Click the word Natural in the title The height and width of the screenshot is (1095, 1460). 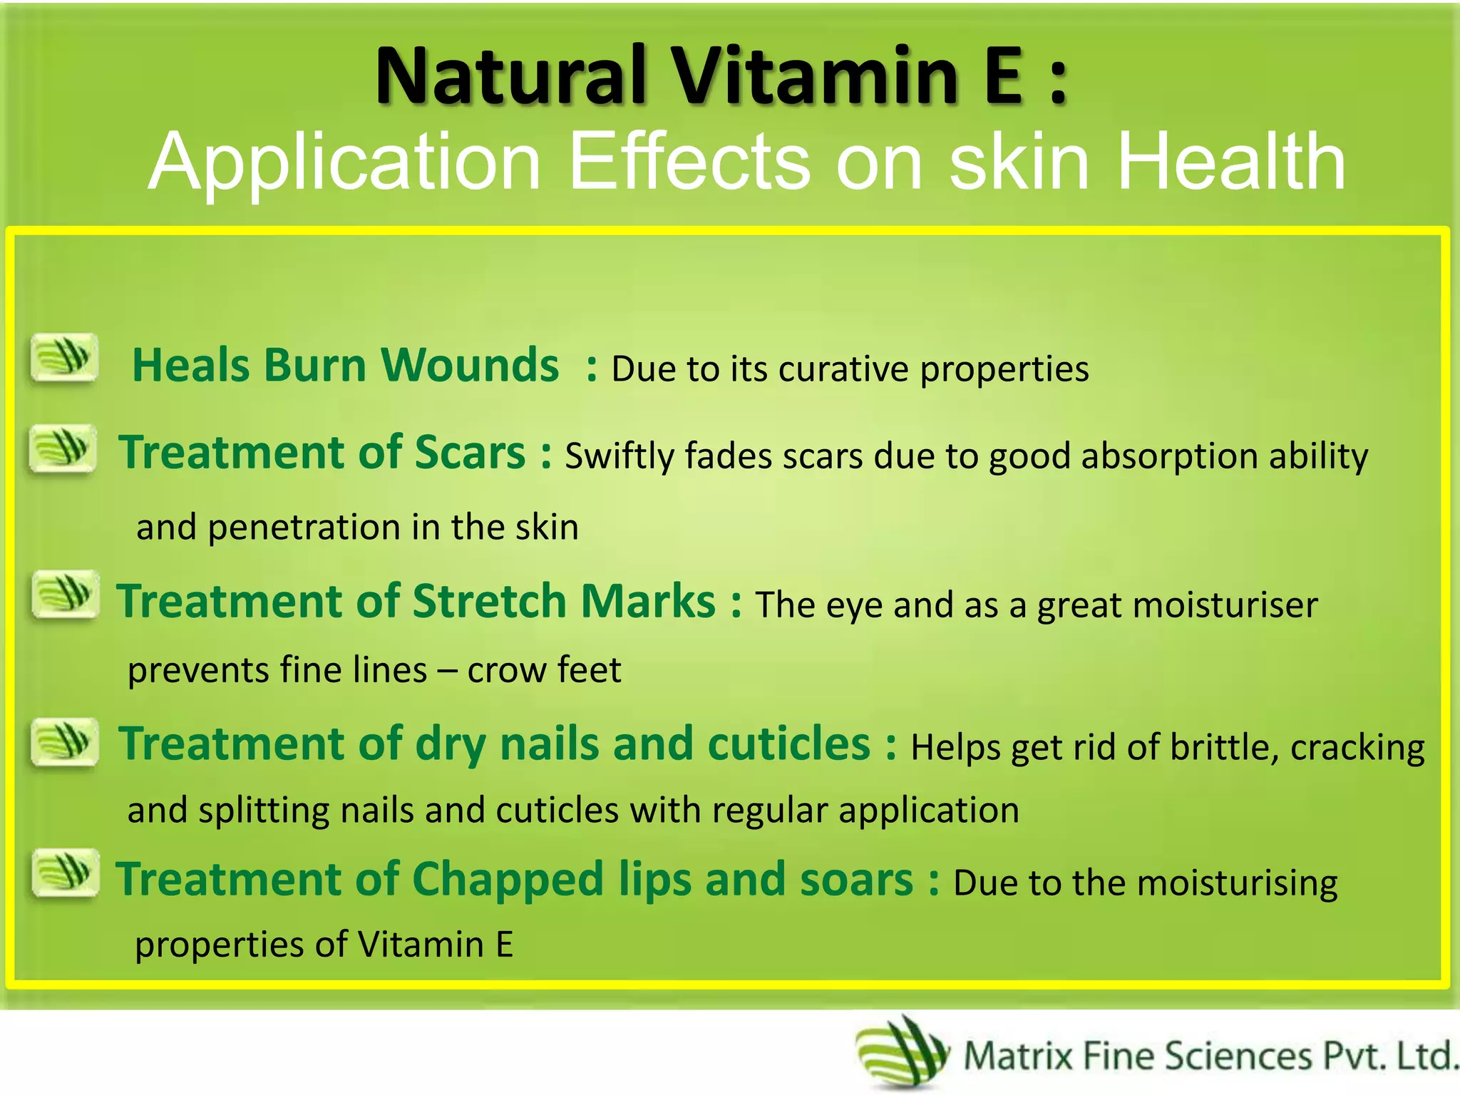(x=510, y=76)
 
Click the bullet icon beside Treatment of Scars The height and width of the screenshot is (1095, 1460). (x=63, y=448)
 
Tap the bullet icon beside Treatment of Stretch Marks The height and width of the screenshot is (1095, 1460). (x=65, y=594)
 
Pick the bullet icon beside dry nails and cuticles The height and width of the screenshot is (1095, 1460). (x=65, y=741)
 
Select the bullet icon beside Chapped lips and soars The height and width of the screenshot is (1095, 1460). (x=65, y=872)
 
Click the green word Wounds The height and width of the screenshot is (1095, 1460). (x=471, y=366)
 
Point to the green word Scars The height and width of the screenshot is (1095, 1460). (x=471, y=453)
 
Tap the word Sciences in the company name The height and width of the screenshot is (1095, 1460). (x=1238, y=1056)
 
